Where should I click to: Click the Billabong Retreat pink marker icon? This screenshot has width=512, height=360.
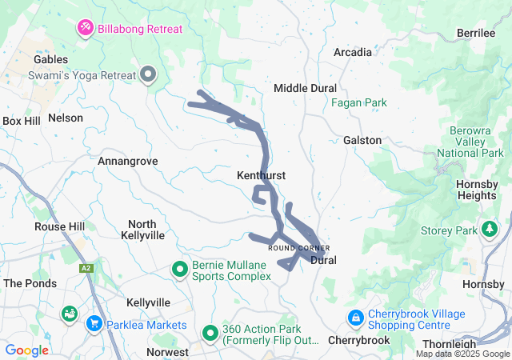click(x=86, y=30)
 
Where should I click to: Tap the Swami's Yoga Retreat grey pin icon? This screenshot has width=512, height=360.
click(x=148, y=75)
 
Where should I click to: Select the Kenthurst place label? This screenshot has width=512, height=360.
click(x=262, y=175)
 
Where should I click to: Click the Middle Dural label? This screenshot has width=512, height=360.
click(x=305, y=88)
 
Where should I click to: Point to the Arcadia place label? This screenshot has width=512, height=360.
click(x=352, y=53)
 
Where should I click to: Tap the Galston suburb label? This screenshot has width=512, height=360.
click(x=362, y=140)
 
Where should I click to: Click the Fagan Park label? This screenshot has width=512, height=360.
click(x=358, y=103)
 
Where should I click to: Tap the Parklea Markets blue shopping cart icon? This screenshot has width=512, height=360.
click(x=94, y=324)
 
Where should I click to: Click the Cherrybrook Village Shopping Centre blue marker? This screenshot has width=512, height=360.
click(x=355, y=318)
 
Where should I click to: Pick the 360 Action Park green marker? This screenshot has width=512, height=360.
click(x=210, y=330)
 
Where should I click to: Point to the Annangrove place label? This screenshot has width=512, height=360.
click(x=127, y=162)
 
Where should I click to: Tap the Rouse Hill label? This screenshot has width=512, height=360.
click(x=59, y=227)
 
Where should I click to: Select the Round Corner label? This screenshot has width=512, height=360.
click(x=298, y=248)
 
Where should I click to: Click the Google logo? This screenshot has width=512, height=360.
click(x=27, y=350)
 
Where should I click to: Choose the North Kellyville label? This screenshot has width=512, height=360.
click(x=142, y=230)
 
